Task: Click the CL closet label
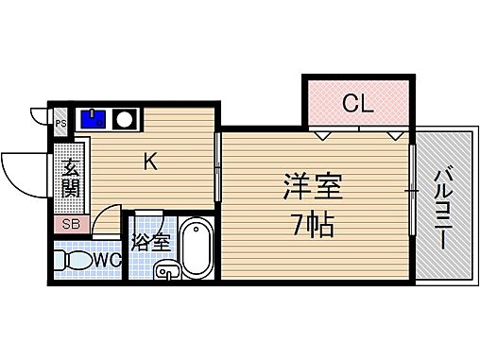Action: click(x=356, y=103)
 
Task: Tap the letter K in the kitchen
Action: click(x=149, y=162)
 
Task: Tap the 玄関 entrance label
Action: click(x=72, y=179)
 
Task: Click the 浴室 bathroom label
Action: click(x=150, y=240)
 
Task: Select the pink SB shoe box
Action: click(x=71, y=224)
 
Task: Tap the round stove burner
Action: click(x=124, y=119)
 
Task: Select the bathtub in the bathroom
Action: click(x=197, y=248)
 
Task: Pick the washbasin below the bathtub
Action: click(x=166, y=274)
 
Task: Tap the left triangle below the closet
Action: click(x=323, y=135)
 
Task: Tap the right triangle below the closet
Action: click(x=394, y=135)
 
